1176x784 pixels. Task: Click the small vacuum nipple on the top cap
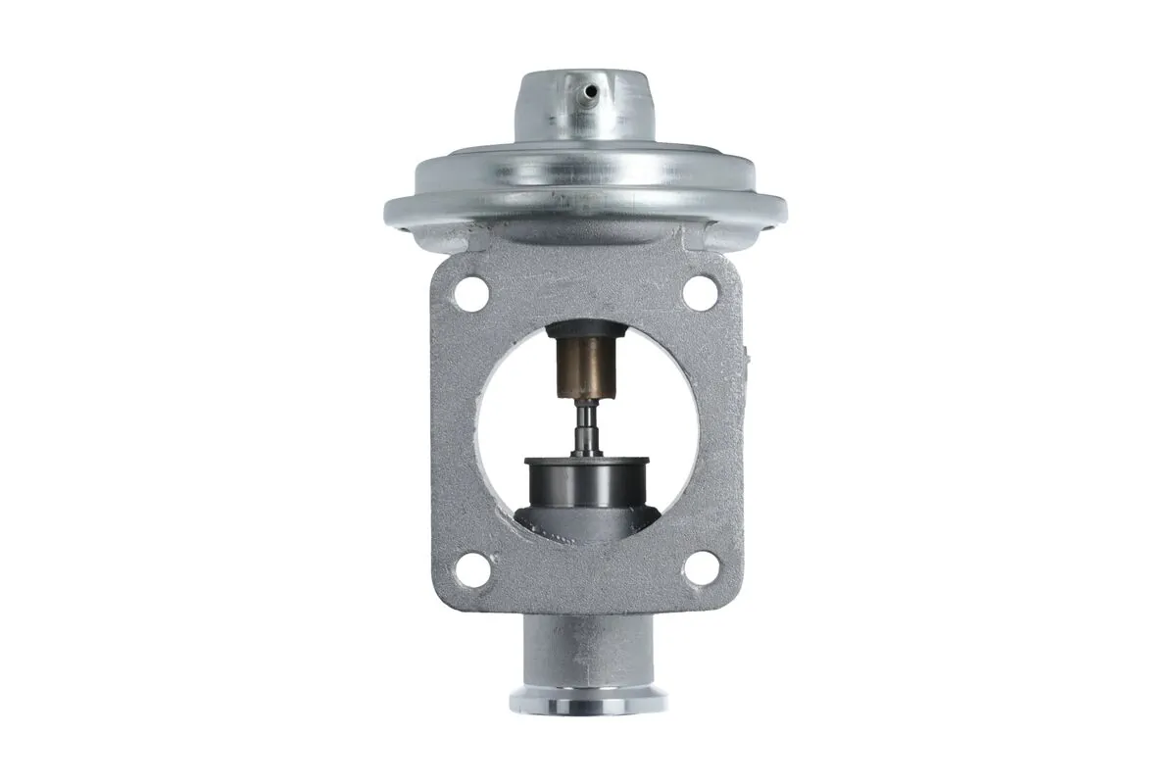[x=590, y=92]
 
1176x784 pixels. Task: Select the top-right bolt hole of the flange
[x=700, y=290]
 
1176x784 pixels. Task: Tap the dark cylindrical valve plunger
[x=585, y=485]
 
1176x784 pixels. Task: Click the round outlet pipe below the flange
[x=586, y=652]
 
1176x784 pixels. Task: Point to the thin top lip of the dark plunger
[x=585, y=461]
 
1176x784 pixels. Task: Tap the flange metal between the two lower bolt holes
[x=585, y=578]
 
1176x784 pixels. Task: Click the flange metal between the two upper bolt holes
[x=585, y=284]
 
